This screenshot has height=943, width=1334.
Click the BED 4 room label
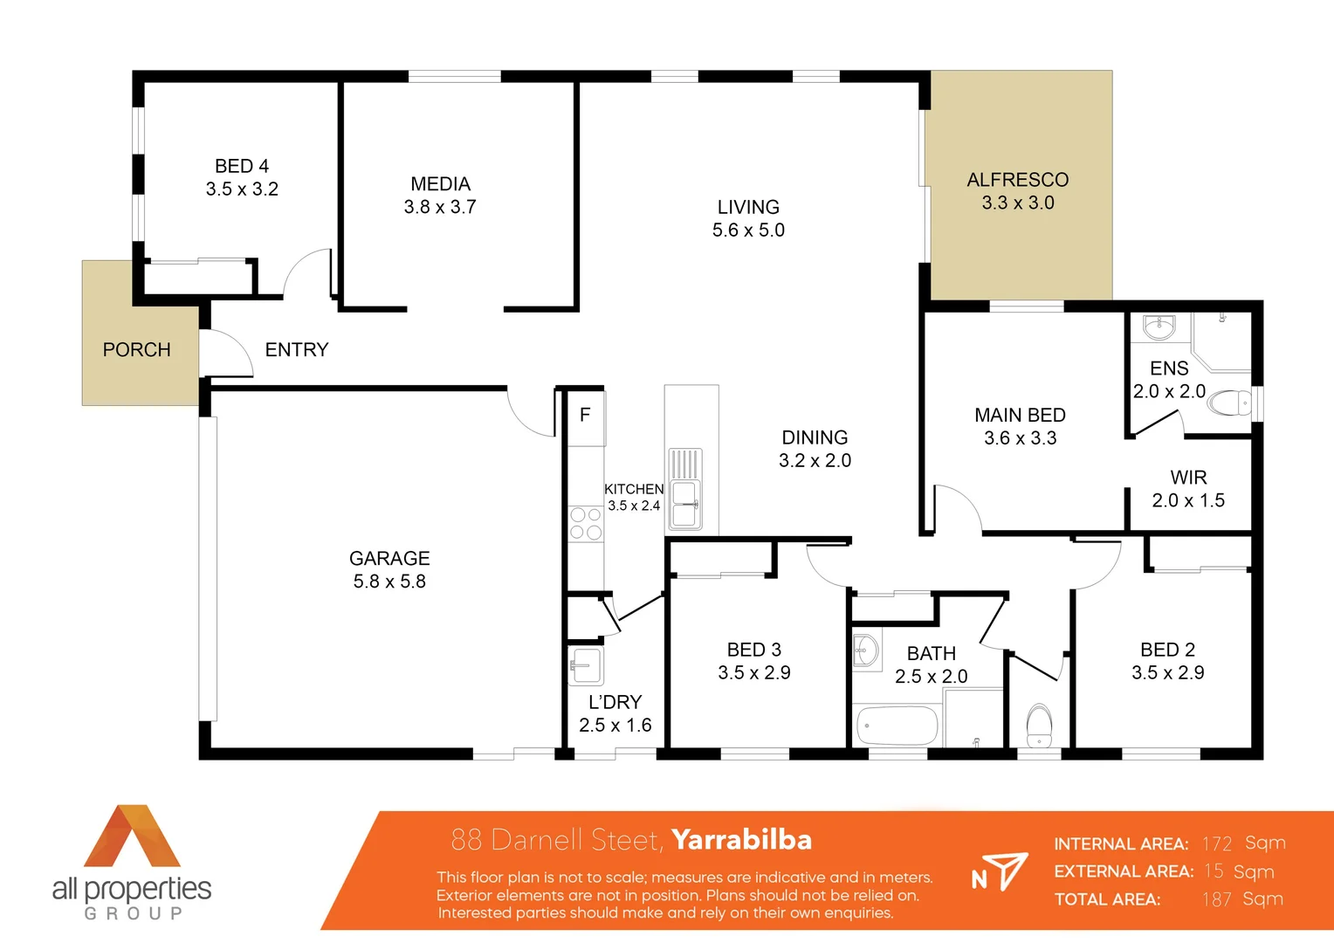(242, 166)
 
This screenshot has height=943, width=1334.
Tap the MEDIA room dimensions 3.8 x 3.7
(440, 207)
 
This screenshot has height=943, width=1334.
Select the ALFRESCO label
(1017, 180)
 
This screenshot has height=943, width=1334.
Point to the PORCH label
(136, 350)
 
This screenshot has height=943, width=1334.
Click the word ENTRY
(297, 350)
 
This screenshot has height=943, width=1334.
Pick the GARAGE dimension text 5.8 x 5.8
(389, 582)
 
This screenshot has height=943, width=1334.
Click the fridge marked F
(586, 416)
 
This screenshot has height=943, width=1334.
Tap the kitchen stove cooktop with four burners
(586, 524)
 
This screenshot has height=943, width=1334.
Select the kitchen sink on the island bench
(685, 504)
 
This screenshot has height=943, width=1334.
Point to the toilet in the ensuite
(1232, 403)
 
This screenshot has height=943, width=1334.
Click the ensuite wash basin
(1159, 327)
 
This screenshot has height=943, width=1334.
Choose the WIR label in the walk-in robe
(1188, 478)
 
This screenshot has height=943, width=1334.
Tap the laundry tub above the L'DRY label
(586, 667)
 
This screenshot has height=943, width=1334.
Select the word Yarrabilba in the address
(741, 840)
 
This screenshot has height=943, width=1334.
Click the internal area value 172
(1216, 844)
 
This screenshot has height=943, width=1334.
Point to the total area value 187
(1216, 899)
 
